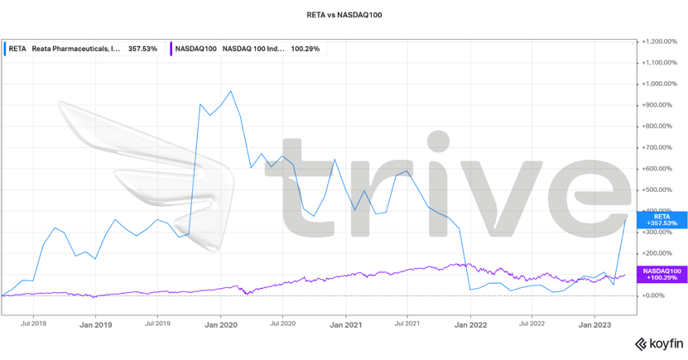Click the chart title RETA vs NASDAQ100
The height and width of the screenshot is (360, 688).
pos(344,15)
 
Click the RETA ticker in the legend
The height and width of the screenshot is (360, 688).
pos(17,49)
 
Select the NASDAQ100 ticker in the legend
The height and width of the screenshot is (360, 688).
pos(195,49)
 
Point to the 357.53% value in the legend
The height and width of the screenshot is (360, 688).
pos(142,49)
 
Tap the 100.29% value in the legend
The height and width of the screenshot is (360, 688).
pos(306,49)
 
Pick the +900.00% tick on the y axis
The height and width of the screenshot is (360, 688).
pos(660,104)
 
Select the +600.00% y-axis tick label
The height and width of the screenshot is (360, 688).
pos(660,168)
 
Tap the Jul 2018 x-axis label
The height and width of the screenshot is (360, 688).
pos(33,324)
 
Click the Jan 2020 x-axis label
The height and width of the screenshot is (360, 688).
pos(221,324)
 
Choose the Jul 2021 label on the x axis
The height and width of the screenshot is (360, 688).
pos(407,324)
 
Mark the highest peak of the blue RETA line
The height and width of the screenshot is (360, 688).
pos(230,91)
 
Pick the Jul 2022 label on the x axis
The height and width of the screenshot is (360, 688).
pos(532,324)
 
